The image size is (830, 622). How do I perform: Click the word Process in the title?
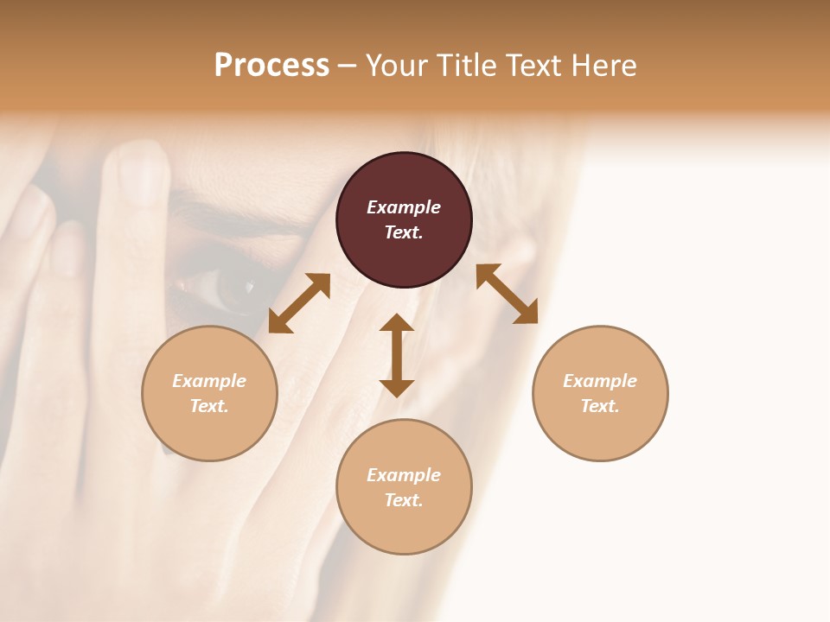tap(271, 65)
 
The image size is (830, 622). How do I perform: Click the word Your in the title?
tap(397, 66)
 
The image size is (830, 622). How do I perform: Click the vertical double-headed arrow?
tap(397, 355)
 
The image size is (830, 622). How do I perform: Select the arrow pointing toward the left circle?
tap(299, 303)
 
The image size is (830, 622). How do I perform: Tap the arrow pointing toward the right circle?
tap(508, 294)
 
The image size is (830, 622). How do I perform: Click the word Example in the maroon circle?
tap(404, 207)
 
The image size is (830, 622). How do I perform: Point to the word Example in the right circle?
tap(600, 381)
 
